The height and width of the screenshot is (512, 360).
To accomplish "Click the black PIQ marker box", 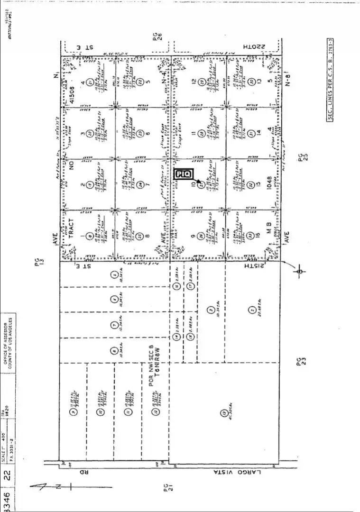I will tap(183, 174).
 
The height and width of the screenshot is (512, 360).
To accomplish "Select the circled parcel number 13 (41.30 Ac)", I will tap(224, 413).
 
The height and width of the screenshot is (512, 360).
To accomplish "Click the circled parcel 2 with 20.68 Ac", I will tap(252, 311).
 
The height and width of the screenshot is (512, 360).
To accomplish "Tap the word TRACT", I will tap(72, 227).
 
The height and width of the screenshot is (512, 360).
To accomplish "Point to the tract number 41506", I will tap(73, 94).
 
